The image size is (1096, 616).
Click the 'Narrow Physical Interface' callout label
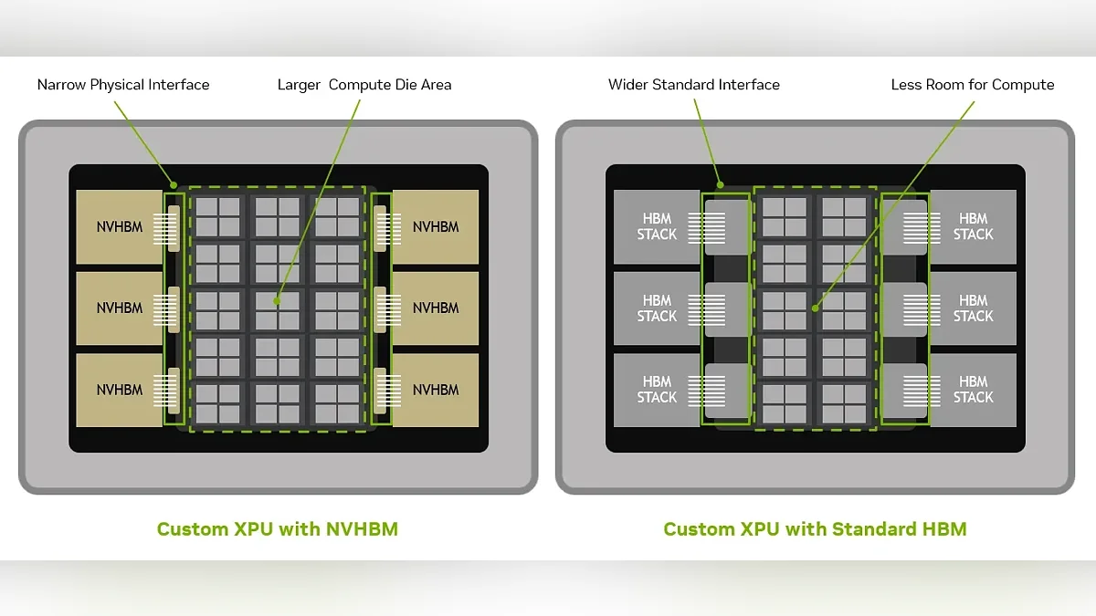[123, 85]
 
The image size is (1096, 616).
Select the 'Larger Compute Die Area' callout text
[364, 85]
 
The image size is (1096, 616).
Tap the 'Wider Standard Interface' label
[694, 85]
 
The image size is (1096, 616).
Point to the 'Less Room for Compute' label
[973, 85]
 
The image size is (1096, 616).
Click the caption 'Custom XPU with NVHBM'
[278, 529]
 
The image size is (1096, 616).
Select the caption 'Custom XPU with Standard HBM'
[815, 529]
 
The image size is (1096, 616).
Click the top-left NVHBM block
[120, 227]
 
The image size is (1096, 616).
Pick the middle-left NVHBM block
[120, 308]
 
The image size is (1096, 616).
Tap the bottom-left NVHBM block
[120, 391]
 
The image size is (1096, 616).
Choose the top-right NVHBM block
[436, 227]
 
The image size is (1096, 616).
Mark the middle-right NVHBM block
[436, 308]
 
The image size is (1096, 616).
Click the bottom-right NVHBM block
[436, 391]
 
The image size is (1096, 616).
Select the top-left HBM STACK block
[657, 227]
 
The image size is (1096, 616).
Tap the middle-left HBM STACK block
[657, 308]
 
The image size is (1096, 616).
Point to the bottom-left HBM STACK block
[657, 391]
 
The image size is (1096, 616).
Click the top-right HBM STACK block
[974, 227]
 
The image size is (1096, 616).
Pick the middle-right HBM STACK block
[974, 308]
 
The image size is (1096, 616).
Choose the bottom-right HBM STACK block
[974, 391]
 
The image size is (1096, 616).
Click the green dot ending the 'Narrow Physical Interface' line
[174, 185]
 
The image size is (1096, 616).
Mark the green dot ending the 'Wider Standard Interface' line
[721, 185]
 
